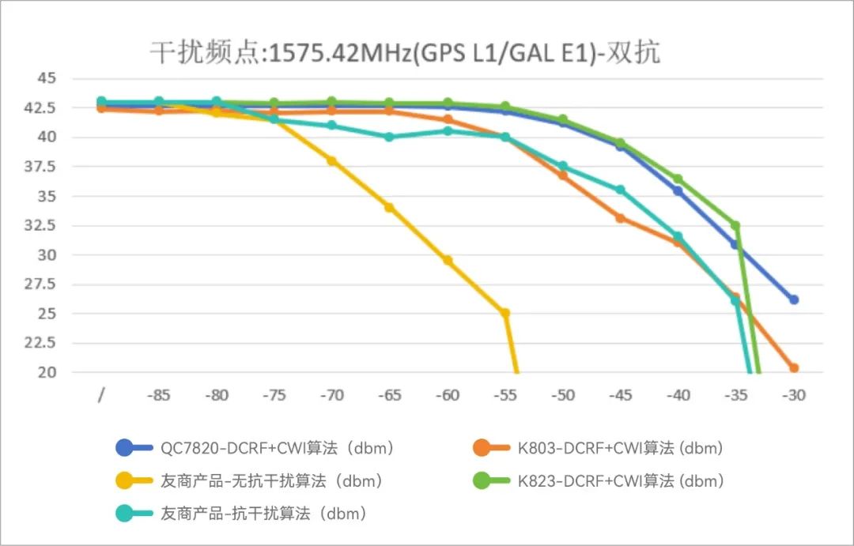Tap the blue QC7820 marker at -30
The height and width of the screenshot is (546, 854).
793,299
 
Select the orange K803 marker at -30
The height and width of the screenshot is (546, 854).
793,367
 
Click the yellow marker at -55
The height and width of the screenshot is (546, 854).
505,313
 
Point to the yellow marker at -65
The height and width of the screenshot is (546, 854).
390,207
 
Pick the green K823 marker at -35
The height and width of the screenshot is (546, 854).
735,225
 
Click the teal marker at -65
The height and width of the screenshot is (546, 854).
390,137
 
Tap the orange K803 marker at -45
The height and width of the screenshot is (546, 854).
621,217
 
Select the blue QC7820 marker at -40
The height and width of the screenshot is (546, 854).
678,190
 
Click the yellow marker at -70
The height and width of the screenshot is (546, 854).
332,160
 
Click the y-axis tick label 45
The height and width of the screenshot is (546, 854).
47,78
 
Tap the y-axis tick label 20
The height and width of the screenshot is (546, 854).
47,372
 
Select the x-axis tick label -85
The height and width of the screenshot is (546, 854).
159,395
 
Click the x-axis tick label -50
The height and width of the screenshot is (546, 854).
562,395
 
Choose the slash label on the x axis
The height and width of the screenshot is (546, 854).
101,395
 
